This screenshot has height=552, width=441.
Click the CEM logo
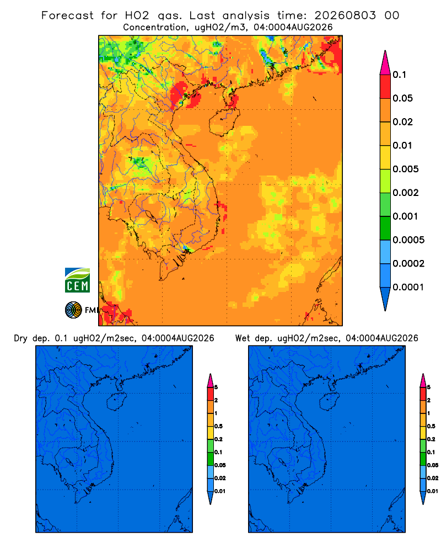pyautogui.click(x=77, y=280)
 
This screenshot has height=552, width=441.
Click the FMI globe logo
pyautogui.click(x=73, y=310)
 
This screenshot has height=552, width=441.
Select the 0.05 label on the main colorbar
pyautogui.click(x=402, y=98)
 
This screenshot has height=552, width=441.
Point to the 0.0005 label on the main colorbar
pyautogui.click(x=408, y=240)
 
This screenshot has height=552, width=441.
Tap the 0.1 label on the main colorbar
pyautogui.click(x=400, y=75)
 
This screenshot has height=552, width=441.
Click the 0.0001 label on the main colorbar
pyautogui.click(x=408, y=287)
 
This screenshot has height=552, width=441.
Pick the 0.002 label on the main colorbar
pyautogui.click(x=406, y=193)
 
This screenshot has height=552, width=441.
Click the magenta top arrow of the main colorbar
pyautogui.click(x=385, y=62)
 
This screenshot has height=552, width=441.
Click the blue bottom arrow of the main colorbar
pyautogui.click(x=385, y=299)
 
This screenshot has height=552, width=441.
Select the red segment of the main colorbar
pyautogui.click(x=385, y=87)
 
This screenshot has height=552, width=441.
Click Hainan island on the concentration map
pyautogui.click(x=224, y=121)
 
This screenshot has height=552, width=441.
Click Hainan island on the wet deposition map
pyautogui.click(x=329, y=402)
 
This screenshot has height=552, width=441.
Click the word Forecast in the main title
pyautogui.click(x=67, y=15)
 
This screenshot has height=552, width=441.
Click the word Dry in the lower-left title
pyautogui.click(x=20, y=338)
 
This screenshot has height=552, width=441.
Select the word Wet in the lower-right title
pyautogui.click(x=243, y=338)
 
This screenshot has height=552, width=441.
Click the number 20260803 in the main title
pyautogui.click(x=345, y=15)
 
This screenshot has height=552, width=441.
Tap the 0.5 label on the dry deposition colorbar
pyautogui.click(x=218, y=426)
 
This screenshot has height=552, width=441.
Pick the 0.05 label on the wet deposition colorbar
pyautogui.click(x=433, y=465)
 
